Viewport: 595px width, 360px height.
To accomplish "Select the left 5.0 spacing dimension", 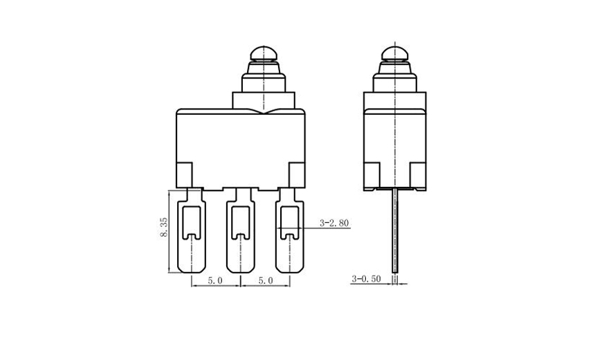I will point(216,280).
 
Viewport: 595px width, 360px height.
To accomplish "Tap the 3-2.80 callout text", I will point(334,223).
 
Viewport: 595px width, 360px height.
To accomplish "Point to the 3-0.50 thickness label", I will point(366,279).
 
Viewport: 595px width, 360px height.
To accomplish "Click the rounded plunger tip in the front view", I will point(263,53).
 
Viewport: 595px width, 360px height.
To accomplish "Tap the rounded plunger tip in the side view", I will point(394,53).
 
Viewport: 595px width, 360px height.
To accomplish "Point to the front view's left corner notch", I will point(185,174).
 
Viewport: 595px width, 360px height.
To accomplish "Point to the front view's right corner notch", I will point(297,174).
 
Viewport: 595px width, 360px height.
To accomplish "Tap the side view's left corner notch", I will point(372,174).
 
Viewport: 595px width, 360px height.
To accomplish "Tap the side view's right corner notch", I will point(418,174).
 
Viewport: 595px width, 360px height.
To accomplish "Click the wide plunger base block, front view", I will point(263,100).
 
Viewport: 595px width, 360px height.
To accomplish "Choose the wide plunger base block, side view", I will point(394,100).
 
